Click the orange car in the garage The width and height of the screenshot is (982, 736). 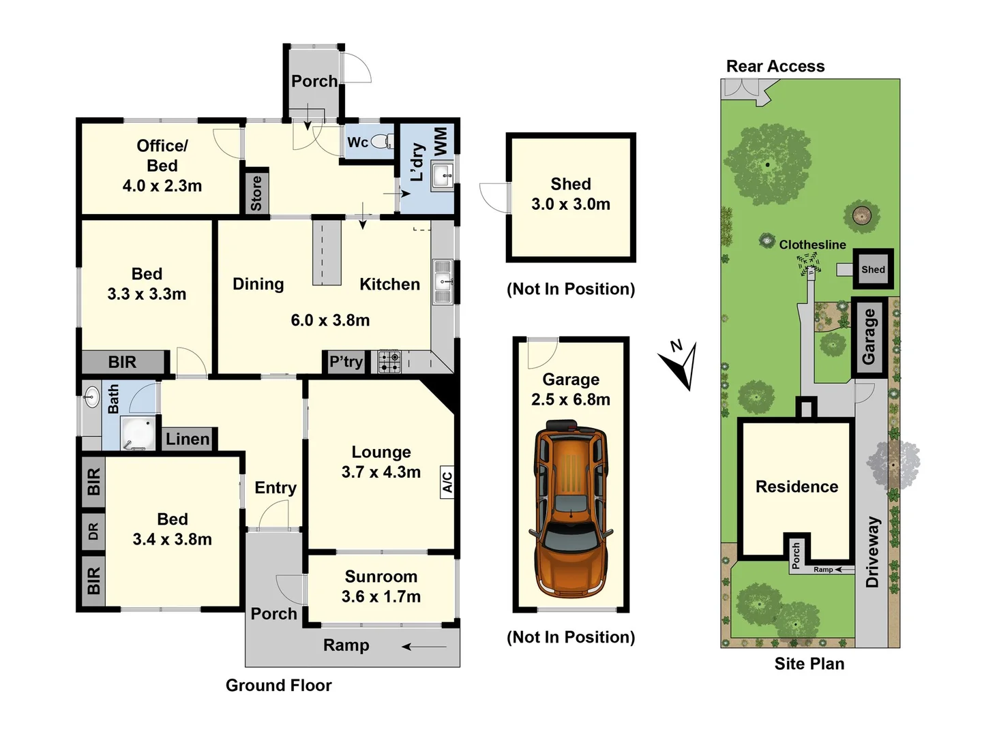570,510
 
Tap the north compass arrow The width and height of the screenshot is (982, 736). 683,365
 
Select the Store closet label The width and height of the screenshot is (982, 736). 256,193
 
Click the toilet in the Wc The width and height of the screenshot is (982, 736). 383,142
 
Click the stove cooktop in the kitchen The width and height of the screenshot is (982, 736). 389,361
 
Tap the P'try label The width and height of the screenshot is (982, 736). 346,362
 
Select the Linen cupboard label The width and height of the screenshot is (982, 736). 188,440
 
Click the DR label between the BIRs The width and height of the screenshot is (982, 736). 93,532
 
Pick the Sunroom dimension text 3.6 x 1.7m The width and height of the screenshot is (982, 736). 381,597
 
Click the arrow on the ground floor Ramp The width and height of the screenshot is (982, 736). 424,646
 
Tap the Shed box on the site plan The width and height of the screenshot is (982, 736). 872,269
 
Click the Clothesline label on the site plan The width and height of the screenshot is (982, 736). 812,245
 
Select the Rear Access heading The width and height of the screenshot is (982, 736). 775,66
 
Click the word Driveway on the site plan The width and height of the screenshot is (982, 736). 872,552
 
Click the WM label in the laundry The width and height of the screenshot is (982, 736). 441,140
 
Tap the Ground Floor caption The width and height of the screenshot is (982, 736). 278,686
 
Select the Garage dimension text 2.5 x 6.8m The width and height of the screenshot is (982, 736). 570,400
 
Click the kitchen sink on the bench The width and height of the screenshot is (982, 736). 443,281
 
